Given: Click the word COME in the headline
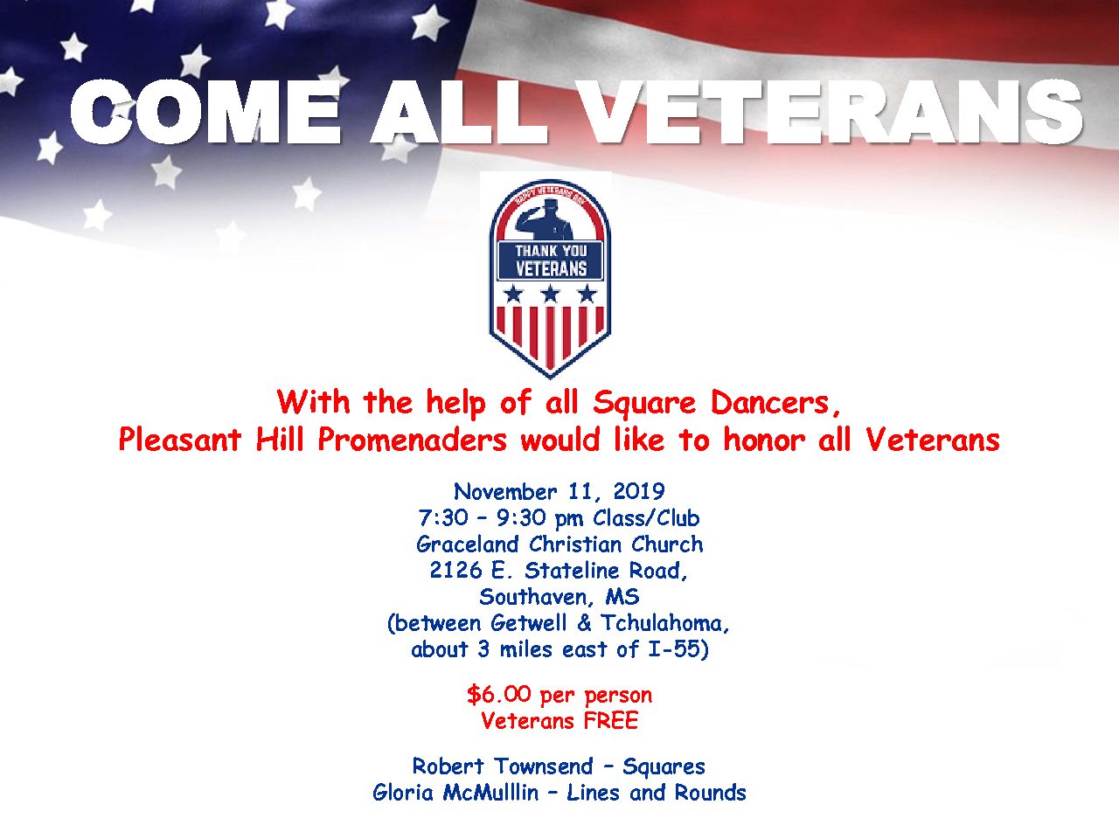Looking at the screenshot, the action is (x=204, y=112).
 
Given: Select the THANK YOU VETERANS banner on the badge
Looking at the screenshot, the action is (x=551, y=260).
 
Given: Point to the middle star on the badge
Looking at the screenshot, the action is (x=551, y=294).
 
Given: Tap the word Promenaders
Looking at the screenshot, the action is (x=412, y=440).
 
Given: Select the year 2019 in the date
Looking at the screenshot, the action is (x=639, y=491).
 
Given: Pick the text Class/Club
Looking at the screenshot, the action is (x=646, y=518).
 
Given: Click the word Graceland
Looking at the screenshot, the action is (x=468, y=544).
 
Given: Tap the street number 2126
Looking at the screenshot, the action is (x=455, y=571).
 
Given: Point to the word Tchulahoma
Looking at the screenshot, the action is (x=661, y=623).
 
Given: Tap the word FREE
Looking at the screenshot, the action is (x=611, y=721).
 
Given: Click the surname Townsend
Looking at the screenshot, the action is (x=544, y=766).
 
